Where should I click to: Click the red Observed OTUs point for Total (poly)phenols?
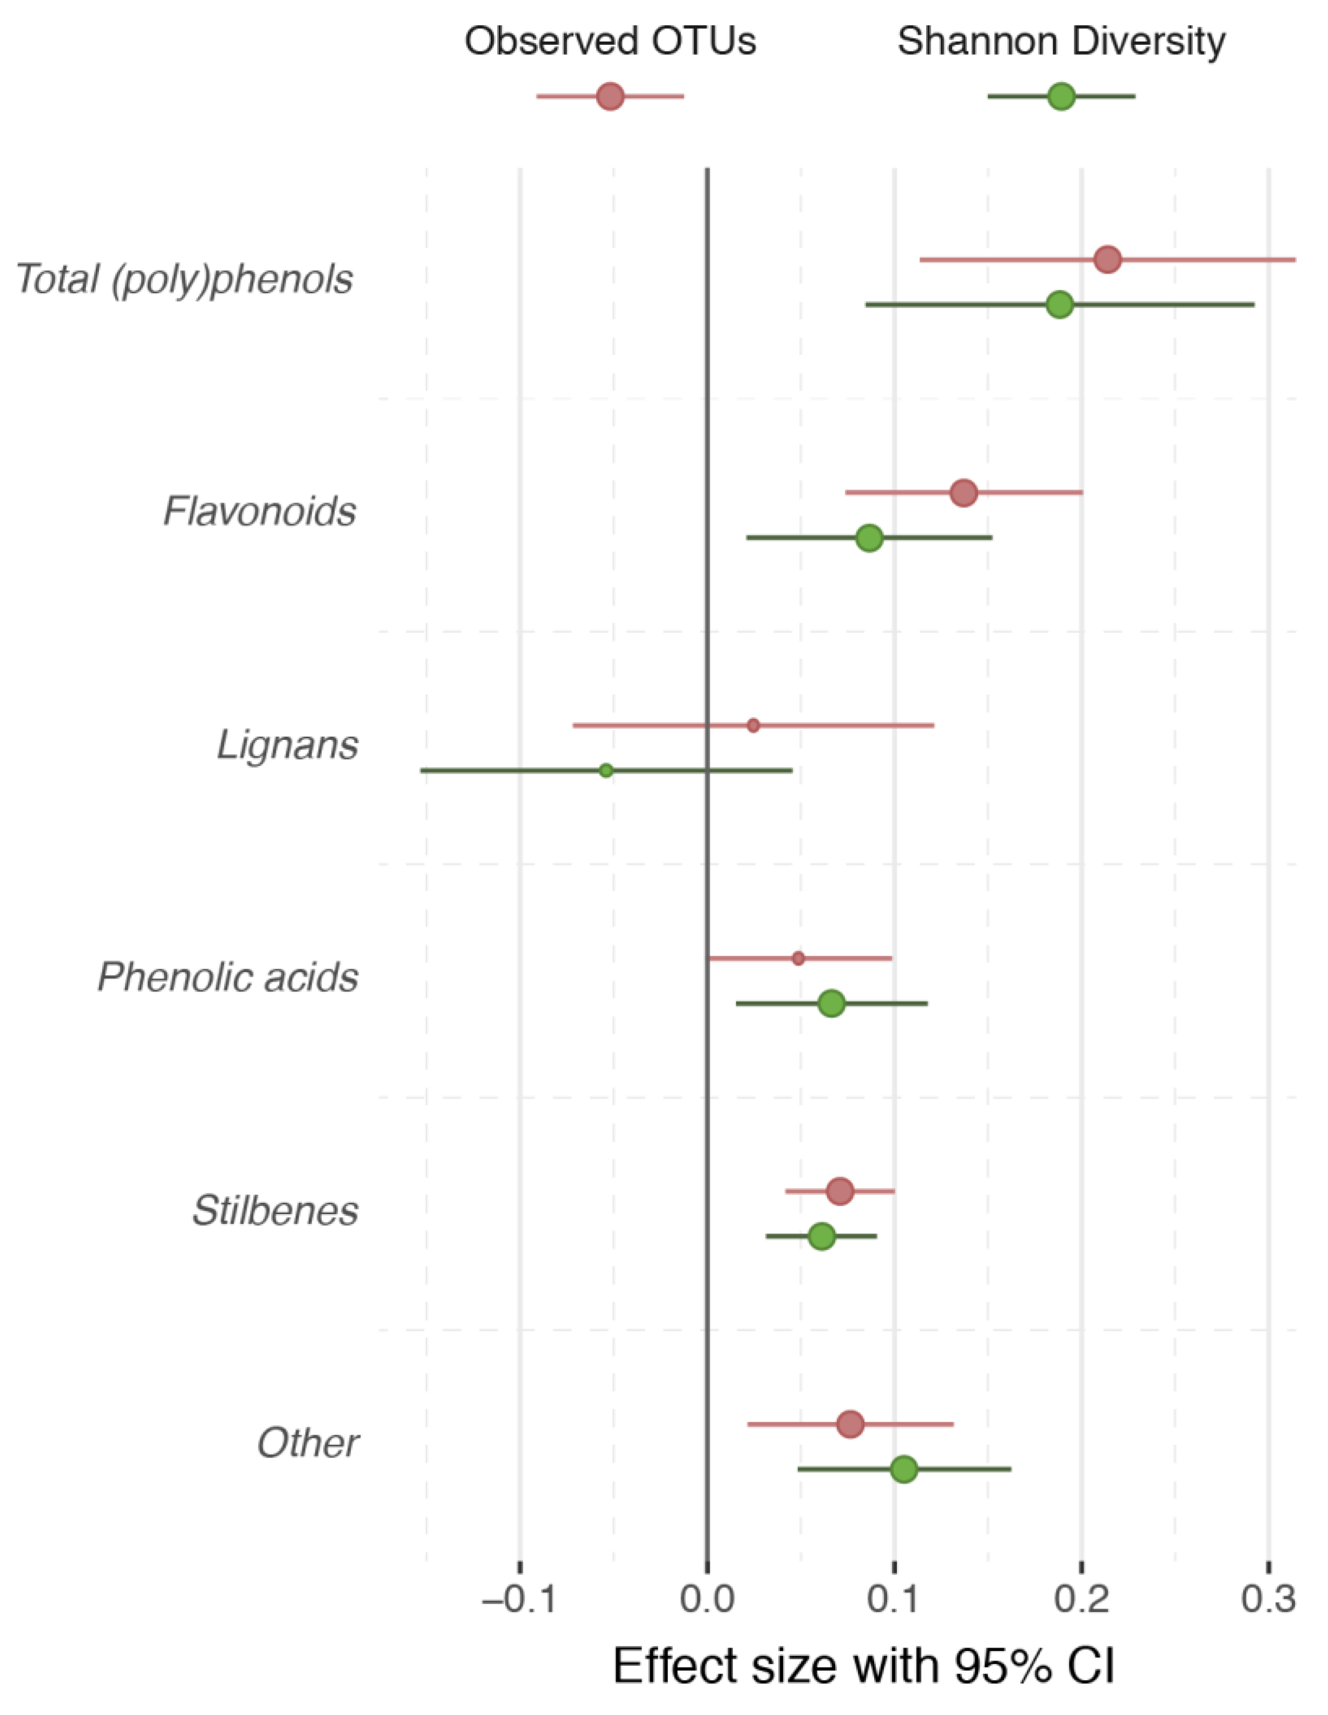(x=1107, y=259)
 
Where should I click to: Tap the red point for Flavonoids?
(x=963, y=493)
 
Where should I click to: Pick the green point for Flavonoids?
(x=869, y=538)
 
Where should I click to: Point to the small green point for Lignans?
(x=605, y=770)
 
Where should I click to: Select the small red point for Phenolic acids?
(x=798, y=958)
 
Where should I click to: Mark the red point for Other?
(x=850, y=1423)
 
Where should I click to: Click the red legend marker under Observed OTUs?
(x=610, y=97)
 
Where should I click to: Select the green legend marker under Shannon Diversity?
(x=1061, y=97)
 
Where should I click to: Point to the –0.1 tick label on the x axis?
(x=520, y=1599)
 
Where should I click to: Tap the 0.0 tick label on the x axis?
(x=707, y=1599)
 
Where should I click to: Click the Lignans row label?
(x=287, y=744)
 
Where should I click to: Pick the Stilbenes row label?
(x=275, y=1210)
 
